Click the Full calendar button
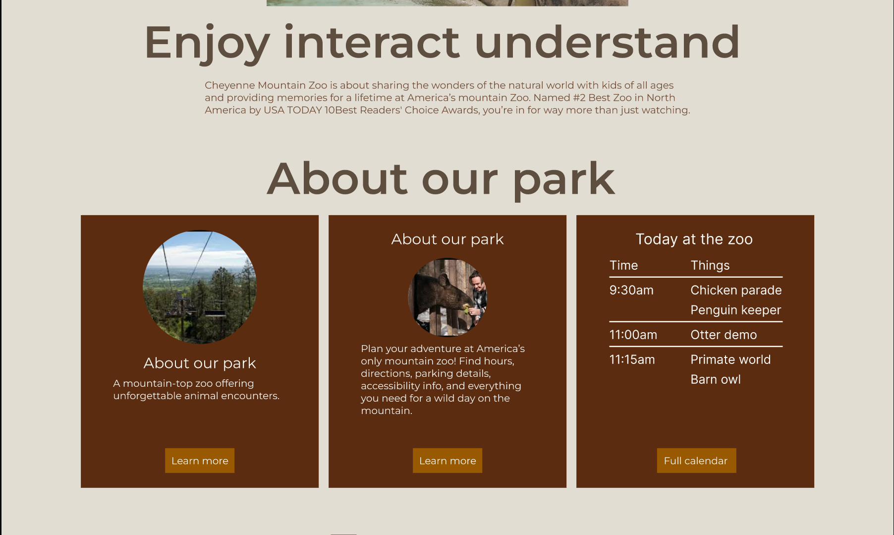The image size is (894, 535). point(696,461)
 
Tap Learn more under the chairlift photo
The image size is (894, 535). point(200,461)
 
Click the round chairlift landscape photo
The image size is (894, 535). point(200,287)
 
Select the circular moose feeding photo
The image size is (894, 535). point(447,297)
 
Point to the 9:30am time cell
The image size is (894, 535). point(631,290)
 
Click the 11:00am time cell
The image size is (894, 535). point(633,335)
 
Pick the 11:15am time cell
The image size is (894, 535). point(632,359)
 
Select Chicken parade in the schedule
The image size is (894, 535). point(736,290)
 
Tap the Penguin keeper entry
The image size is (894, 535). point(736,310)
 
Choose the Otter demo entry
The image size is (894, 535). point(724,335)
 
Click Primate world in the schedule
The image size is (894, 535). point(730,359)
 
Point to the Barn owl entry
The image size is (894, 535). point(716,379)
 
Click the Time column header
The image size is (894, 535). point(623,265)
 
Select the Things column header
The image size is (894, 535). point(710,266)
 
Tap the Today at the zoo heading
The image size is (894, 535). point(694,239)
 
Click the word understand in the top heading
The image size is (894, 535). point(607,42)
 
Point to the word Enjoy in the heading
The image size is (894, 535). point(207,44)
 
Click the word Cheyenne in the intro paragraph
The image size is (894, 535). point(230,86)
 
